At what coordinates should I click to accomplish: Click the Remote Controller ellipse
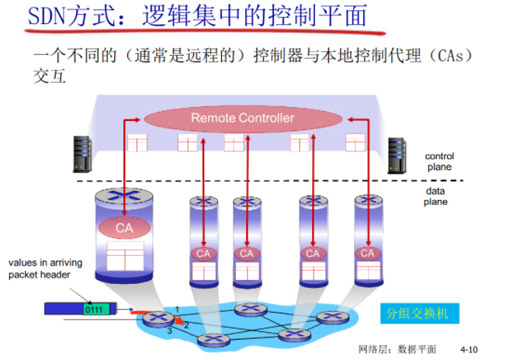coord(243,118)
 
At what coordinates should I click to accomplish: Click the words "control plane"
coord(438,161)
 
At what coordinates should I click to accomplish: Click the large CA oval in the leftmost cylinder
coord(124,228)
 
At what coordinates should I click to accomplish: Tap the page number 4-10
coord(470,350)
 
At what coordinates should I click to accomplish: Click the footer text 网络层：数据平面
coord(398,350)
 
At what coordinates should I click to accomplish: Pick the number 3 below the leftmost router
coord(170,332)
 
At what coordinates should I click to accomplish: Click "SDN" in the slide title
coord(45,16)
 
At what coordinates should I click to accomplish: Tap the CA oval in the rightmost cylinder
coord(367,253)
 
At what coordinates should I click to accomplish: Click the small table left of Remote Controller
coord(137,143)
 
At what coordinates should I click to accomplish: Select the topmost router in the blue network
coord(248,310)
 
